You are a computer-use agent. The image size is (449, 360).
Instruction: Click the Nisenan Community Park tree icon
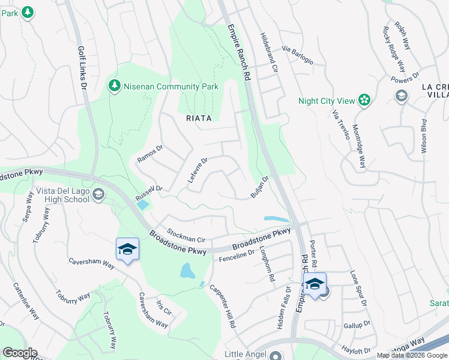tap(114, 86)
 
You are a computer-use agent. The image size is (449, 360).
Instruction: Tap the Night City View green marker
tap(364, 100)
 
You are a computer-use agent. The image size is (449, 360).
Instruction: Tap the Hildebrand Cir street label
tap(268, 53)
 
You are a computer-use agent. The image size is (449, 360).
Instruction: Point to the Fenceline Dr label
tap(237, 255)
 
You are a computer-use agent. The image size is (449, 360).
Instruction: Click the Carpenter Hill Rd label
tap(222, 305)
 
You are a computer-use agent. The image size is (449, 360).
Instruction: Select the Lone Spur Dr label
tap(358, 288)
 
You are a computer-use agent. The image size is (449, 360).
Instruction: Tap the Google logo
tap(19, 353)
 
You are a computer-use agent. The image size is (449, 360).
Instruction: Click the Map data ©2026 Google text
tap(411, 355)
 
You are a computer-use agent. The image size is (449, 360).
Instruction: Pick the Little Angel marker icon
tap(276, 355)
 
